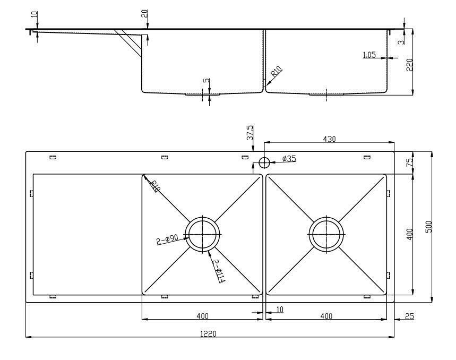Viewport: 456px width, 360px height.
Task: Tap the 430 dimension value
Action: tap(329, 139)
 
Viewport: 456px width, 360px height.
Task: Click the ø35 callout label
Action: tap(289, 159)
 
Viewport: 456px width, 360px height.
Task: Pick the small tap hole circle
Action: tap(263, 162)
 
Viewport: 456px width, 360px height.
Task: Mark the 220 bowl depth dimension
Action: tap(409, 65)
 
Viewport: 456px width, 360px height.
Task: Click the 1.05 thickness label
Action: tap(369, 55)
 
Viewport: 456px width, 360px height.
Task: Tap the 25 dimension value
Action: tap(409, 316)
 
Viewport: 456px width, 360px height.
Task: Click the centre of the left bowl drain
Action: tap(202, 234)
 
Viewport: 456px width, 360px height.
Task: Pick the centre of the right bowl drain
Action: tap(326, 234)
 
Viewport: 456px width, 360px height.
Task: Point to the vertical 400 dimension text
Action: tap(409, 234)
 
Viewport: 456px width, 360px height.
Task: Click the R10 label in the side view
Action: tap(277, 72)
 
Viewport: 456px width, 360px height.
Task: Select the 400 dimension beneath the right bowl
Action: tap(326, 316)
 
